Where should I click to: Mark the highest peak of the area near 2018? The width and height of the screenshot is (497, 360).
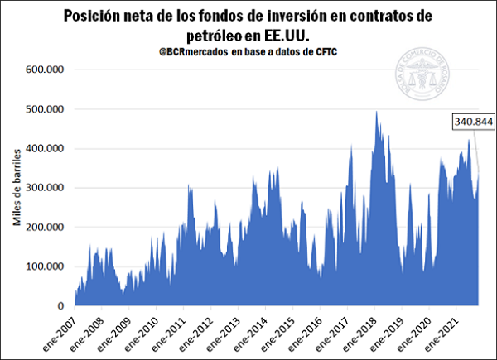pyautogui.click(x=377, y=112)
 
